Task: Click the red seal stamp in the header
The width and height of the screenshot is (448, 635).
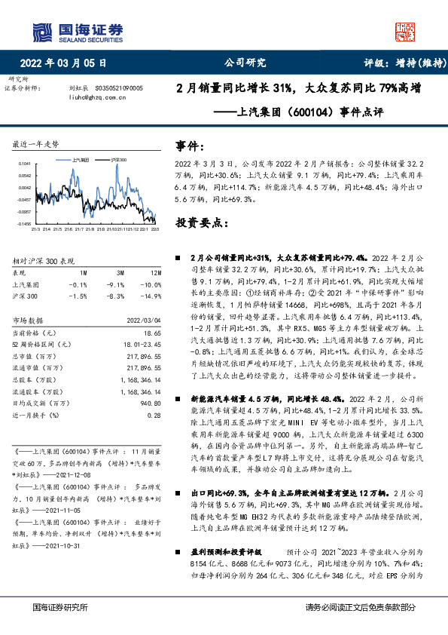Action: click(x=405, y=31)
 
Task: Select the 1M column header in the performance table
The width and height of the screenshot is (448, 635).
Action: click(x=83, y=271)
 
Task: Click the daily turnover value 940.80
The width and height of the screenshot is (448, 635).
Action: click(x=151, y=402)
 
